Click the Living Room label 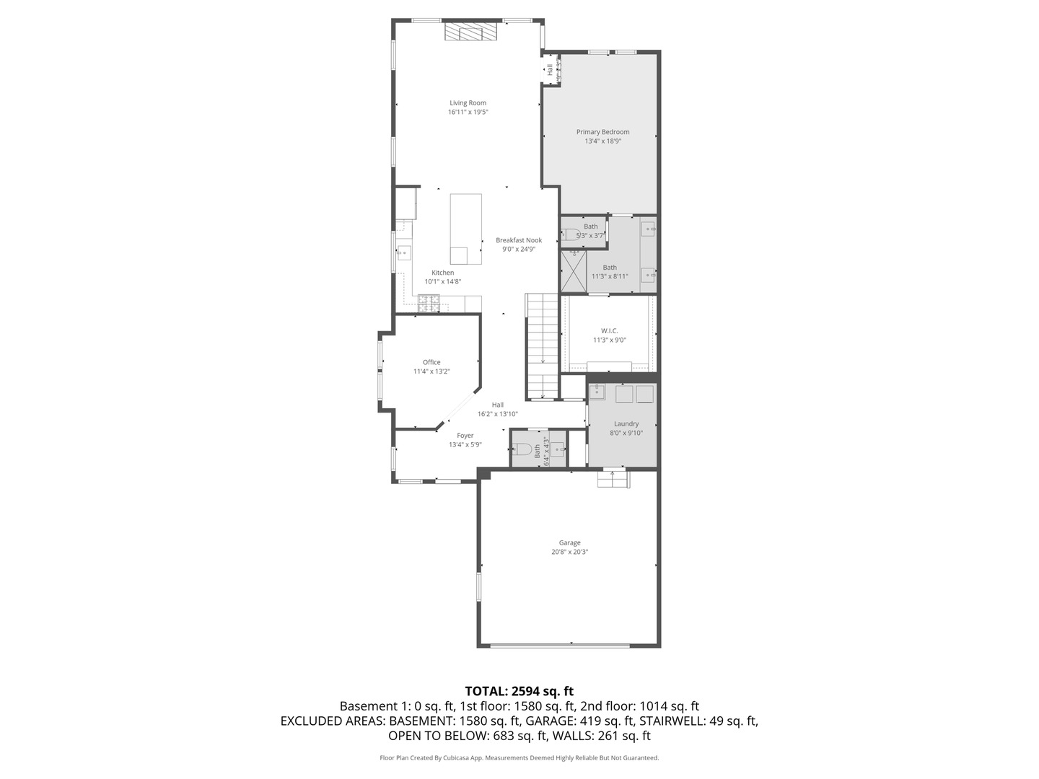[468, 103]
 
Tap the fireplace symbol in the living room [470, 32]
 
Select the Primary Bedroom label [602, 132]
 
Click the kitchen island [465, 229]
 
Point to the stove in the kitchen [429, 304]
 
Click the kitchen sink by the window [403, 252]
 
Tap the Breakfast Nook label [518, 240]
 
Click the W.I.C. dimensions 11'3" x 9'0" [609, 340]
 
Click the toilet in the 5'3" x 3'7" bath [570, 234]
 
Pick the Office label [431, 362]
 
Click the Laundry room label [626, 424]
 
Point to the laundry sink [598, 392]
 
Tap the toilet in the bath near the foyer [524, 449]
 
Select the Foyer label [465, 436]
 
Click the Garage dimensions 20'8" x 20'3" [569, 552]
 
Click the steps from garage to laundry [613, 477]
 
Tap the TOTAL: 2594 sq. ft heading [519, 691]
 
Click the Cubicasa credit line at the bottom [519, 758]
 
